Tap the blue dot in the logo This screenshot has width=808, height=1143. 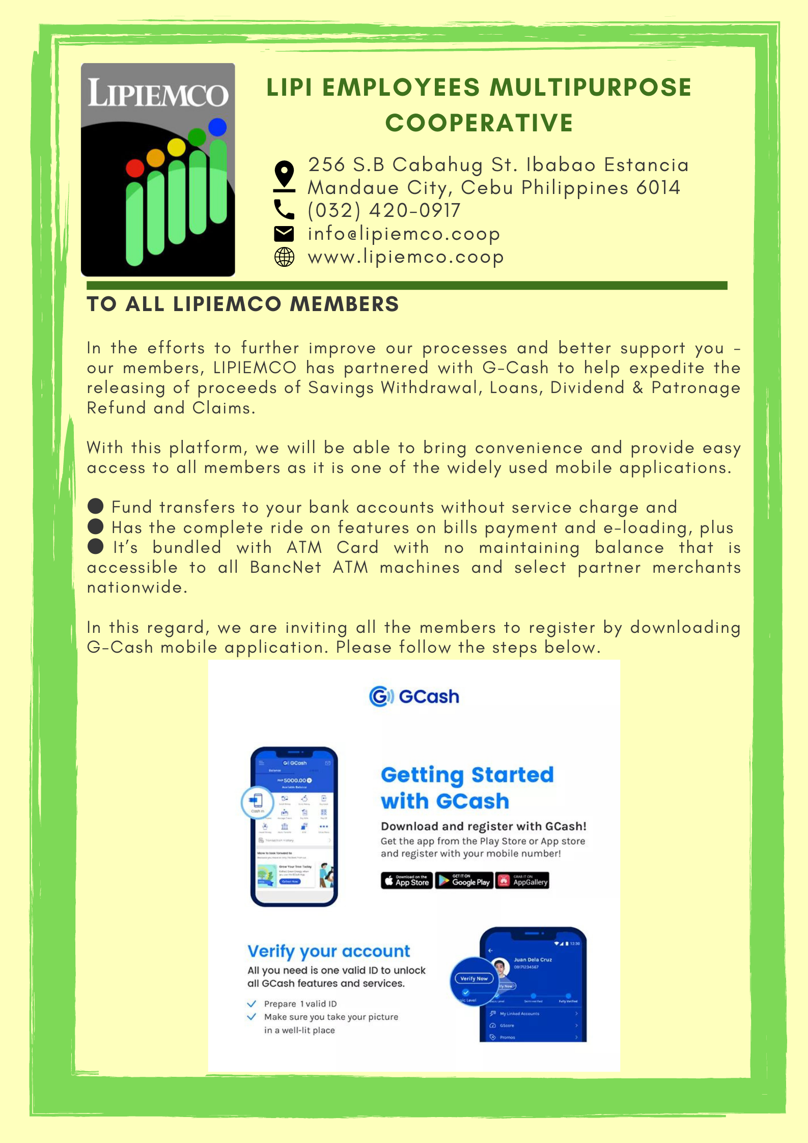point(217,127)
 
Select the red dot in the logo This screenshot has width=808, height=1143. point(135,168)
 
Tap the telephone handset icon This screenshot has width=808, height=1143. point(284,209)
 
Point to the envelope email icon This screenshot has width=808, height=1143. point(284,234)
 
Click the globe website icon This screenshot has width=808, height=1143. point(284,257)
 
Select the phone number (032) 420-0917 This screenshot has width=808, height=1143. point(384,210)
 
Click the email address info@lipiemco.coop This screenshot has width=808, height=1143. point(404,234)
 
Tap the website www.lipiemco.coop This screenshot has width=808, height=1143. point(406,257)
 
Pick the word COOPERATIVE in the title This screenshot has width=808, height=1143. point(479,123)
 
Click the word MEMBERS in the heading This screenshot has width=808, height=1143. point(344,304)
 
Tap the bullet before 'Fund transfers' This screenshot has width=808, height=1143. point(96,507)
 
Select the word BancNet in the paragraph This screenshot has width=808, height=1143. point(285,568)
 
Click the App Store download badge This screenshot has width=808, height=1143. point(407,881)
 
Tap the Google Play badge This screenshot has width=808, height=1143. point(464,881)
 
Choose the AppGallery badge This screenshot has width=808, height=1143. point(523,881)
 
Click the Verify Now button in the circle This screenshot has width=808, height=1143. point(474,978)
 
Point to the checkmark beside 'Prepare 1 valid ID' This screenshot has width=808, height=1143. point(252,1003)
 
